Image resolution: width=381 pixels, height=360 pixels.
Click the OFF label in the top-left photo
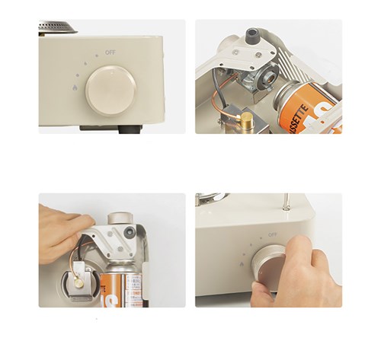tap(110, 52)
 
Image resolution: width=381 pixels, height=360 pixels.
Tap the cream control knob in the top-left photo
tap(110, 91)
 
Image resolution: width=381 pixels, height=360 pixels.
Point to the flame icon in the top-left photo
tap(74, 88)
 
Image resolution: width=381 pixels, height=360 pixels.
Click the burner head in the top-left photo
tap(58, 27)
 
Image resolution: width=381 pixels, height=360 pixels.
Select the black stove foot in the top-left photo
tap(130, 129)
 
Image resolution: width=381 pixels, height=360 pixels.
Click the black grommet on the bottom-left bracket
tap(130, 231)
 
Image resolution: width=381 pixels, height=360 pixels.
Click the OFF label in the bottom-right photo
tap(273, 235)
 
